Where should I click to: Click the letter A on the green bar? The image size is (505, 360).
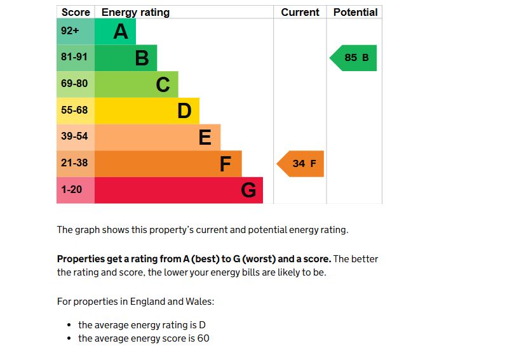(x=121, y=31)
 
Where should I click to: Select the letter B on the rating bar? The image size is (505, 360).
(x=142, y=58)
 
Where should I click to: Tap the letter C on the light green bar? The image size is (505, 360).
(x=163, y=84)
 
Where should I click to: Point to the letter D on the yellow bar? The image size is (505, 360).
(x=184, y=111)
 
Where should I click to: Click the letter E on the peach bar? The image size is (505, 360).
(x=205, y=137)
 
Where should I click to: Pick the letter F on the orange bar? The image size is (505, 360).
(x=225, y=164)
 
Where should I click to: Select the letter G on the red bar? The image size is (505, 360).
(x=248, y=190)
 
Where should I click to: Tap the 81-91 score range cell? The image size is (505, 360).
(x=75, y=57)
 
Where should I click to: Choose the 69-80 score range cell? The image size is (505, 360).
(x=75, y=84)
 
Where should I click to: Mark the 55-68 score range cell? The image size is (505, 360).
(x=75, y=110)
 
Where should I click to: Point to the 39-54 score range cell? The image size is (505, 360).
(x=75, y=137)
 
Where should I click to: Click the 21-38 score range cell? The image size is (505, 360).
(x=75, y=163)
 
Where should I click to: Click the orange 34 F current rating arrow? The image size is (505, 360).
(x=301, y=164)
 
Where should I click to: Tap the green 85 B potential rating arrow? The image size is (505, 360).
(x=354, y=58)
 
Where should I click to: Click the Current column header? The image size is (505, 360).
(x=300, y=12)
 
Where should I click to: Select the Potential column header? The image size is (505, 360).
(x=355, y=12)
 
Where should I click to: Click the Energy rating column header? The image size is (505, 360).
(x=135, y=12)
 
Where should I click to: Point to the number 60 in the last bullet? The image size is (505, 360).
(x=203, y=338)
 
